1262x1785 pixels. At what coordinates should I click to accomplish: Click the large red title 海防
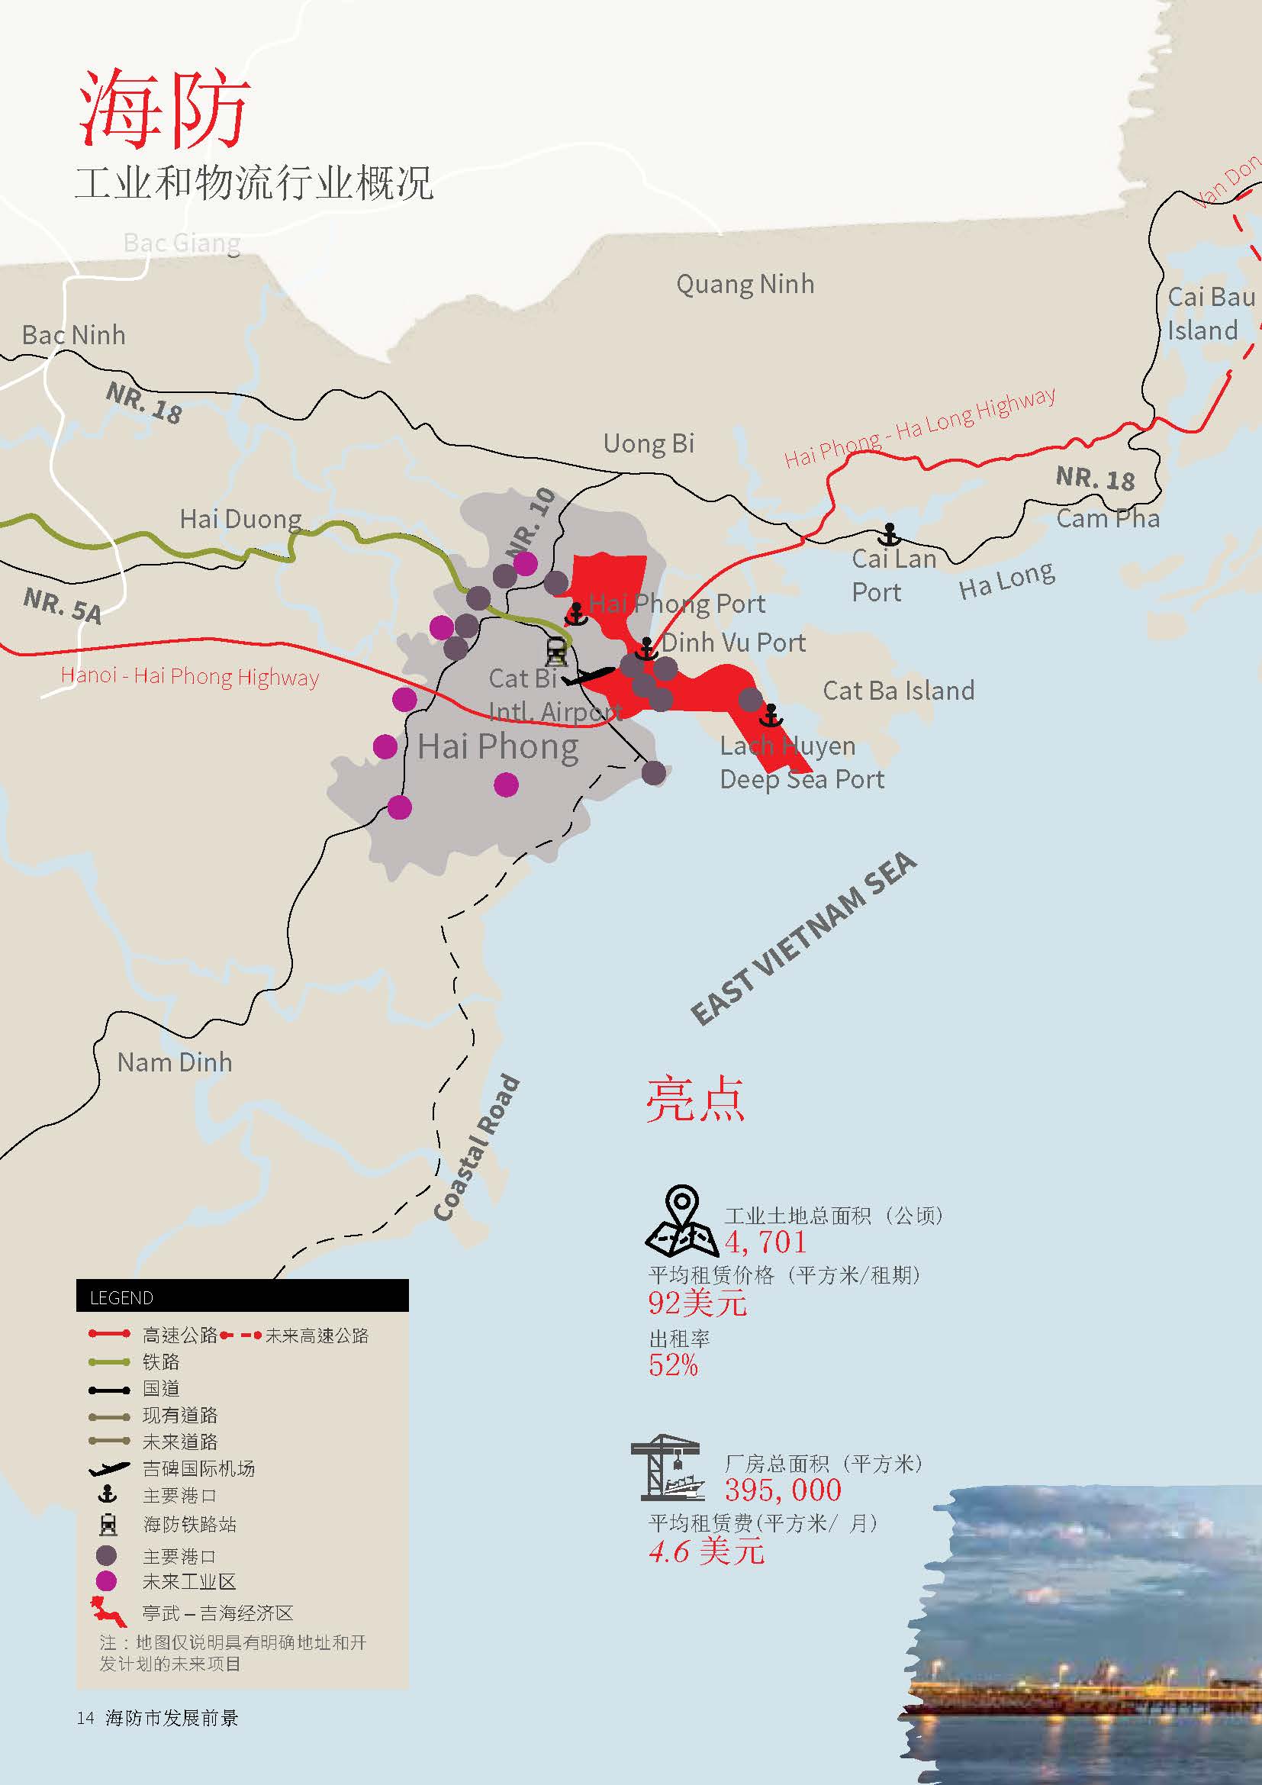click(163, 108)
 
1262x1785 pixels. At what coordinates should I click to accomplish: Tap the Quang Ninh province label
click(745, 285)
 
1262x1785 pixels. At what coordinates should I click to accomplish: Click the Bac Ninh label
click(73, 335)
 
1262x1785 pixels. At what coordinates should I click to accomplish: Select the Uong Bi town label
click(648, 444)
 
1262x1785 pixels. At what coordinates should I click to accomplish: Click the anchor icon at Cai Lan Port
click(889, 535)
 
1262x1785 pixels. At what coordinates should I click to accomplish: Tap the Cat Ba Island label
click(897, 691)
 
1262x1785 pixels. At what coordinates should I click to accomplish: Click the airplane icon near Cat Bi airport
click(588, 675)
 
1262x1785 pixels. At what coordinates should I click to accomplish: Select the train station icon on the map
click(556, 651)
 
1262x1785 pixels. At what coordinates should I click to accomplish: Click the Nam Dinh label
click(174, 1062)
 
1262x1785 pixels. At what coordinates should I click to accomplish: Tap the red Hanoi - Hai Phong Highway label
click(190, 675)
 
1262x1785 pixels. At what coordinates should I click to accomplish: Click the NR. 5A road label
click(62, 606)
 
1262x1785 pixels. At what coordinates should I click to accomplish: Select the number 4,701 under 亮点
click(765, 1242)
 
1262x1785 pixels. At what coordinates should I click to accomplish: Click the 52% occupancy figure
click(673, 1365)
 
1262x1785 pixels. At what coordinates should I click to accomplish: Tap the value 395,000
click(783, 1490)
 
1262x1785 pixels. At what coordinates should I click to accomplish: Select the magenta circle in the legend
click(106, 1580)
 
